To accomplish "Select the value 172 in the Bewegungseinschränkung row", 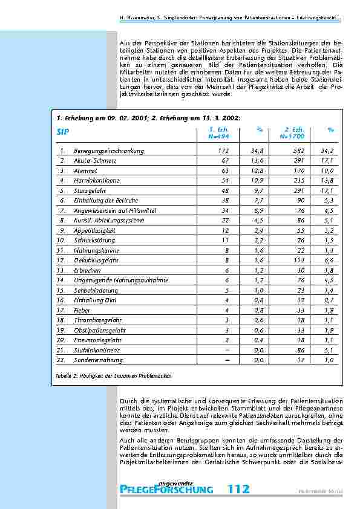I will pos(224,151).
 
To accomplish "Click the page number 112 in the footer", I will pos(239,490).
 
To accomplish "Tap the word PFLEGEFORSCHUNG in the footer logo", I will pos(167,490).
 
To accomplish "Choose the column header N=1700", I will pos(292,137).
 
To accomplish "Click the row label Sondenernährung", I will pos(99,360).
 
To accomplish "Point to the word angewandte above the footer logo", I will pos(177,482).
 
